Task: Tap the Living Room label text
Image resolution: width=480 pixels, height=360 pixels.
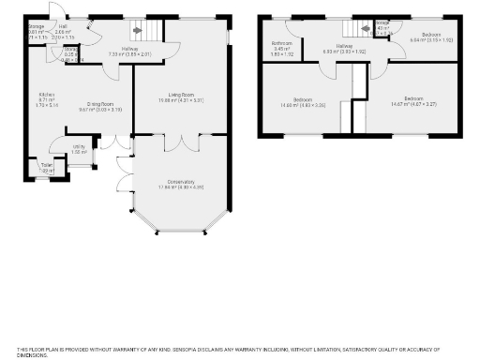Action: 181,94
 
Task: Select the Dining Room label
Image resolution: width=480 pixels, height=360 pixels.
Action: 100,104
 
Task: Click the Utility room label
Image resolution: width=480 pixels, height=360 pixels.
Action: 81,147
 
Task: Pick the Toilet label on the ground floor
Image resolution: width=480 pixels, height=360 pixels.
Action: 46,165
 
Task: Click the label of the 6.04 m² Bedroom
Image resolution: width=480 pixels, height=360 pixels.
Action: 431,35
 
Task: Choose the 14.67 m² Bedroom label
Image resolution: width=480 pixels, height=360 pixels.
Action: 414,98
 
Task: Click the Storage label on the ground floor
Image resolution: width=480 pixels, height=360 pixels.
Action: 36,27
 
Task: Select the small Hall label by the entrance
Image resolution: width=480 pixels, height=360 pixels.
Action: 63,27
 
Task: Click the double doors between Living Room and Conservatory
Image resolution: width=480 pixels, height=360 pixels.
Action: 181,142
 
